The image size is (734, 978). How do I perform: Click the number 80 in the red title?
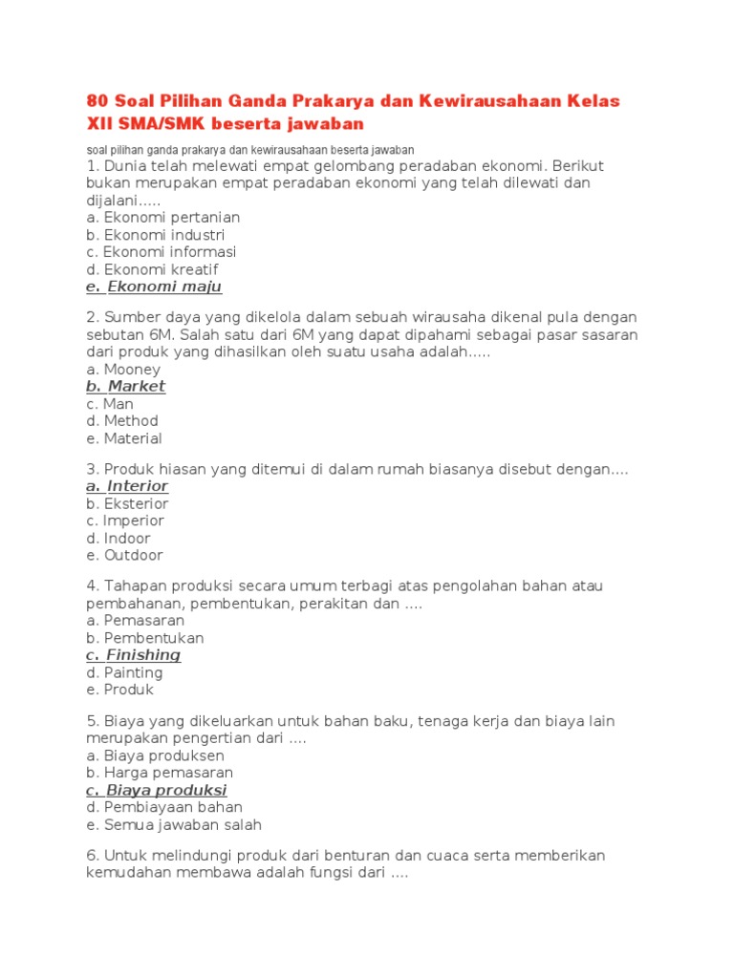click(x=97, y=101)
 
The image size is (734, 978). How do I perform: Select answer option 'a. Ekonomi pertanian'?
click(x=162, y=218)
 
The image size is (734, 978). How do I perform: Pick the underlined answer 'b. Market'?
click(x=125, y=386)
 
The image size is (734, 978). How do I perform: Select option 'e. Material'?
click(x=123, y=438)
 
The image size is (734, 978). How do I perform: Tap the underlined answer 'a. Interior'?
click(x=126, y=486)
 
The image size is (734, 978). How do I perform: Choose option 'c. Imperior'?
click(x=124, y=521)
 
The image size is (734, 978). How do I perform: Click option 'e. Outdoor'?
click(x=124, y=555)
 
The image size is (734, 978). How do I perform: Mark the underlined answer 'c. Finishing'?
click(x=133, y=655)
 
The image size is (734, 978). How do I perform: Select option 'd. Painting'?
click(x=124, y=672)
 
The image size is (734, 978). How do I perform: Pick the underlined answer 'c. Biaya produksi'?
click(x=156, y=790)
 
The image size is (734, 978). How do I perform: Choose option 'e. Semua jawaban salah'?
click(x=173, y=824)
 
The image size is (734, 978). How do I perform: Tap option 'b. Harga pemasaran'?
click(x=159, y=773)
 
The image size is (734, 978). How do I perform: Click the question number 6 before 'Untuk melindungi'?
click(x=90, y=855)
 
